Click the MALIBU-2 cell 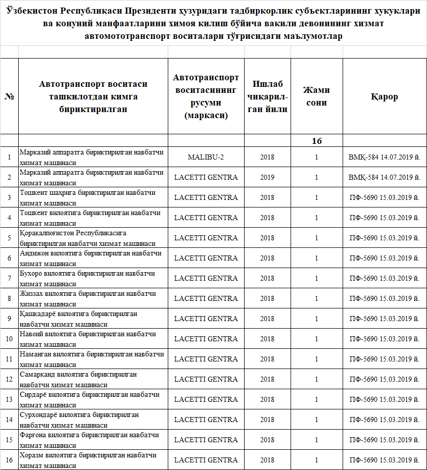(x=206, y=157)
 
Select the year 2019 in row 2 (x=267, y=177)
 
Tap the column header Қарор (x=384, y=96)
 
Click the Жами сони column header (x=316, y=96)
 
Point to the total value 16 (x=316, y=141)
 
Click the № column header (x=9, y=96)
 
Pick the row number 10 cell (x=9, y=339)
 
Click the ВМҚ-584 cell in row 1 (x=384, y=157)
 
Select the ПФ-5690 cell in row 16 (x=384, y=460)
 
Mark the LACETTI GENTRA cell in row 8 (x=206, y=298)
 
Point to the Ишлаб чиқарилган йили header (x=267, y=96)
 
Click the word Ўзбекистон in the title (x=32, y=12)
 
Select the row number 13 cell (x=9, y=399)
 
